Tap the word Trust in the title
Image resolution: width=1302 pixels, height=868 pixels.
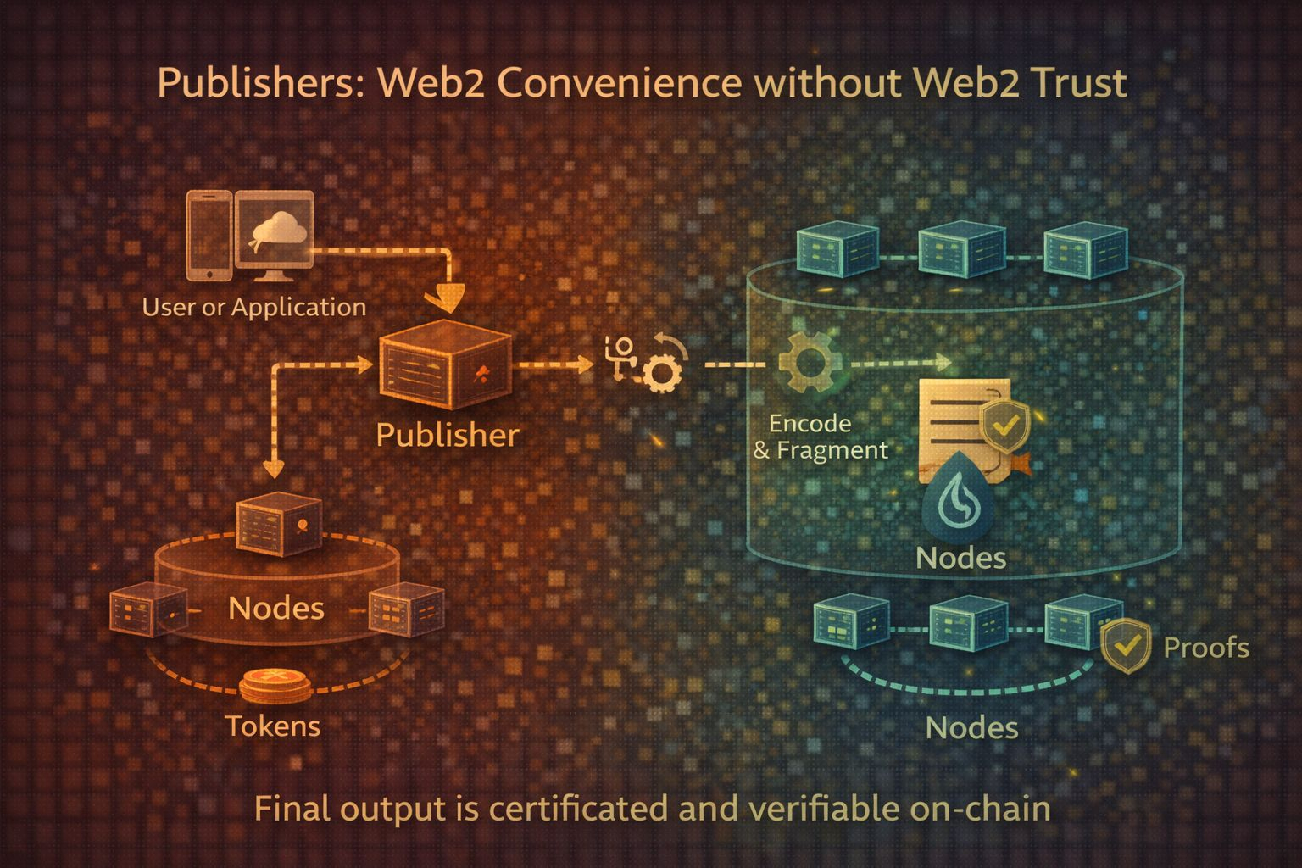point(1079,83)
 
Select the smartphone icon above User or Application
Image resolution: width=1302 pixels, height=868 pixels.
point(209,235)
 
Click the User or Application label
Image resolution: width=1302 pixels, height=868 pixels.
point(253,307)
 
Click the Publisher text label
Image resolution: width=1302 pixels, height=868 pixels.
point(447,435)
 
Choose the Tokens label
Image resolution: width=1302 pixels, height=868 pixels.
point(273,726)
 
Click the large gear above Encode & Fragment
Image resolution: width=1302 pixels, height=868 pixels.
point(810,363)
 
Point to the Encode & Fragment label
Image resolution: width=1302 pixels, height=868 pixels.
point(820,437)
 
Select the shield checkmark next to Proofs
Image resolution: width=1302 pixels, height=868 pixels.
point(1127,647)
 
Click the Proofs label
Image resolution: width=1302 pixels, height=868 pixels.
point(1206,648)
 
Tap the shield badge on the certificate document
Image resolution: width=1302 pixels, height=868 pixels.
point(1004,425)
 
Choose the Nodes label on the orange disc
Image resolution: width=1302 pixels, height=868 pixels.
point(276,608)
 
